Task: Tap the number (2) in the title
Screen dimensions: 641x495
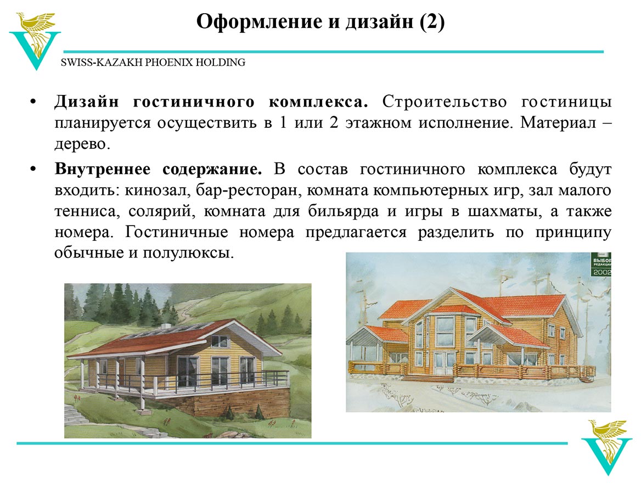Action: pyautogui.click(x=432, y=21)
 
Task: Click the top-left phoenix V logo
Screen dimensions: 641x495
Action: pyautogui.click(x=35, y=41)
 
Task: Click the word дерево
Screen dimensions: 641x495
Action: pyautogui.click(x=82, y=144)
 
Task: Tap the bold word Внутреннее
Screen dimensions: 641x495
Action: pyautogui.click(x=103, y=169)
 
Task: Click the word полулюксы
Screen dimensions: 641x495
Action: pyautogui.click(x=188, y=253)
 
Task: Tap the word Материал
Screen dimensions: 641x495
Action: pyautogui.click(x=558, y=122)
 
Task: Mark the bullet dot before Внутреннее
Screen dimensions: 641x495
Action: pyautogui.click(x=33, y=170)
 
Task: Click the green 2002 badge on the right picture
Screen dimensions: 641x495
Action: pyautogui.click(x=601, y=265)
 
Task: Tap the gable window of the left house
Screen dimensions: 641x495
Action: pyautogui.click(x=220, y=341)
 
